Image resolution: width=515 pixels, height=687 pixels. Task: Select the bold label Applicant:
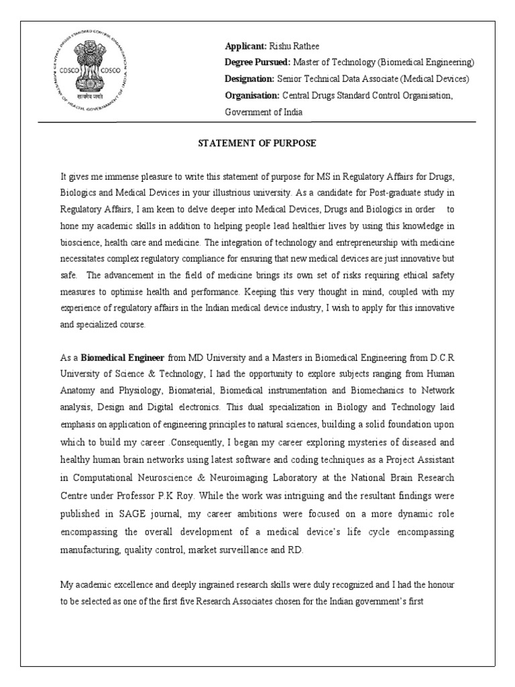point(245,46)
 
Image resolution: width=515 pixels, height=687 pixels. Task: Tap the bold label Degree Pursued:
point(257,62)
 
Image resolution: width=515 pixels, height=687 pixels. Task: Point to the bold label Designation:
point(251,79)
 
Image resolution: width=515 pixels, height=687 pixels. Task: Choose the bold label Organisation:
point(252,96)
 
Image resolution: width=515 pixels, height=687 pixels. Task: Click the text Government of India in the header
point(264,112)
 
